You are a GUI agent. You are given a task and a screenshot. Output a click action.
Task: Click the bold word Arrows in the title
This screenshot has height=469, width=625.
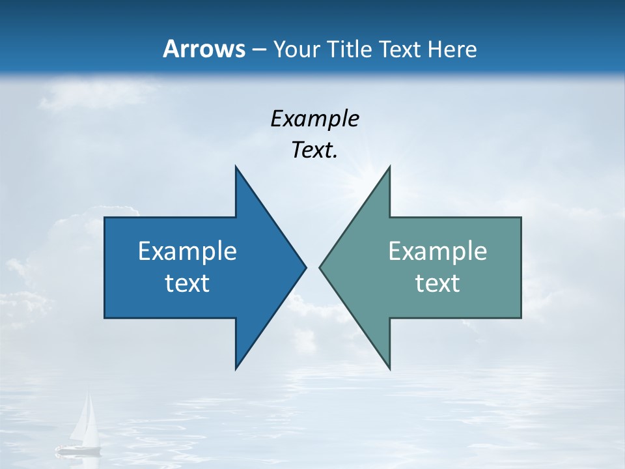[x=203, y=49]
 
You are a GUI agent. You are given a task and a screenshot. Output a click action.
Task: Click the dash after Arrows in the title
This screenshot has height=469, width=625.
[x=258, y=50]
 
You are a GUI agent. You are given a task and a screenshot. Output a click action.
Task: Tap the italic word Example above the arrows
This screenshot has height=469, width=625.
[x=314, y=119]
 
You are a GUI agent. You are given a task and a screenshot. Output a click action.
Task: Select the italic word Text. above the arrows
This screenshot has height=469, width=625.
[x=314, y=150]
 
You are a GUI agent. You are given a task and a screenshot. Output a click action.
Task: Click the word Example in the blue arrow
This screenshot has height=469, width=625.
[x=187, y=251]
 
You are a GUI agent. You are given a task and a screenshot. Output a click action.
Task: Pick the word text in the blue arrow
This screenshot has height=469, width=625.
[x=187, y=283]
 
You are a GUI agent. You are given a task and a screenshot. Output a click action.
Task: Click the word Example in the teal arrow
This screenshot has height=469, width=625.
[x=437, y=251]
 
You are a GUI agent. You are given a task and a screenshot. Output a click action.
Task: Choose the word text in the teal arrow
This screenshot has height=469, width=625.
[x=437, y=283]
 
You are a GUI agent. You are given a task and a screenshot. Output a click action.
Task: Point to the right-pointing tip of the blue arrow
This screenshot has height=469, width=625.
[x=305, y=267]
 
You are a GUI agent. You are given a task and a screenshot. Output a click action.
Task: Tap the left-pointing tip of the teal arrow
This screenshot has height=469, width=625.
[x=320, y=267]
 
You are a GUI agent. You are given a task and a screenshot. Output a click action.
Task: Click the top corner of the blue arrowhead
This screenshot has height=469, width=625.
[x=236, y=167]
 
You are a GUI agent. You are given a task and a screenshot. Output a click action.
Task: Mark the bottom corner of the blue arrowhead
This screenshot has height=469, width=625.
[x=236, y=368]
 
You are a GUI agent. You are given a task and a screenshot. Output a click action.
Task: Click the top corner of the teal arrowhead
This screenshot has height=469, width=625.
[x=389, y=167]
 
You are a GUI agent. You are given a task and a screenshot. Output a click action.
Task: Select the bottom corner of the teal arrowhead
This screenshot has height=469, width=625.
[x=389, y=368]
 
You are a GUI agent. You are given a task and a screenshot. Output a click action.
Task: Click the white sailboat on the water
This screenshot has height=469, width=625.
[x=81, y=427]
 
